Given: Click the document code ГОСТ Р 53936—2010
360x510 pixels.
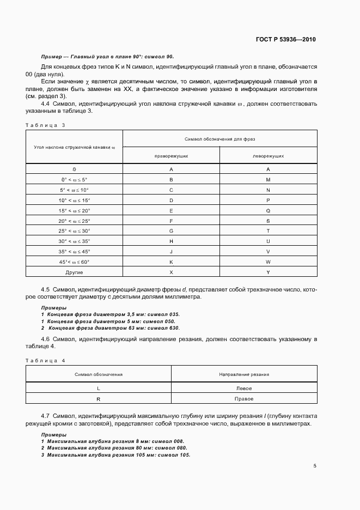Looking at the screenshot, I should click(x=285, y=40).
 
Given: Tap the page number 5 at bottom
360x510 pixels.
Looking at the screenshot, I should click(x=315, y=466).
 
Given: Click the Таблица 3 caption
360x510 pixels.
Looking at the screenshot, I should click(x=45, y=125).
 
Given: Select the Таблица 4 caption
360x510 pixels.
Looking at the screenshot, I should click(x=45, y=361).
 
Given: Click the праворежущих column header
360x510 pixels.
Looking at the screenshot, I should click(x=172, y=155).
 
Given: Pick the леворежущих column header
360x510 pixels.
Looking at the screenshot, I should click(x=268, y=155).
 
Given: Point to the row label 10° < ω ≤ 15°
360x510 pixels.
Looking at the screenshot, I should click(x=75, y=200).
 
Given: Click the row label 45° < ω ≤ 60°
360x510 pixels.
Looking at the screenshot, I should click(x=75, y=262).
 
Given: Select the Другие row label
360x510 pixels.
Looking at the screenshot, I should click(x=75, y=272).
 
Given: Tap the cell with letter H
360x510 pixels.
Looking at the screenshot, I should click(x=172, y=241).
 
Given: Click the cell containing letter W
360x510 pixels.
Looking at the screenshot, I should click(x=268, y=262).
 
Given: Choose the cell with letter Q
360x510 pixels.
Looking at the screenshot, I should click(x=268, y=210).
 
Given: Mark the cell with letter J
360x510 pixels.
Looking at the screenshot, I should click(x=172, y=251).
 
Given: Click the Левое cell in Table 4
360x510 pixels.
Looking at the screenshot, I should click(x=244, y=388).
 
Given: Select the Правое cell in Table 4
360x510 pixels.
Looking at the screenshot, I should click(x=244, y=399).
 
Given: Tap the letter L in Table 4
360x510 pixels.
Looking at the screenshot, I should click(x=99, y=388).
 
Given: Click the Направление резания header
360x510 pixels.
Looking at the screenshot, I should click(x=244, y=374).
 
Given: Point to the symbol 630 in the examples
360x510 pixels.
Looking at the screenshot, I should click(x=173, y=328).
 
